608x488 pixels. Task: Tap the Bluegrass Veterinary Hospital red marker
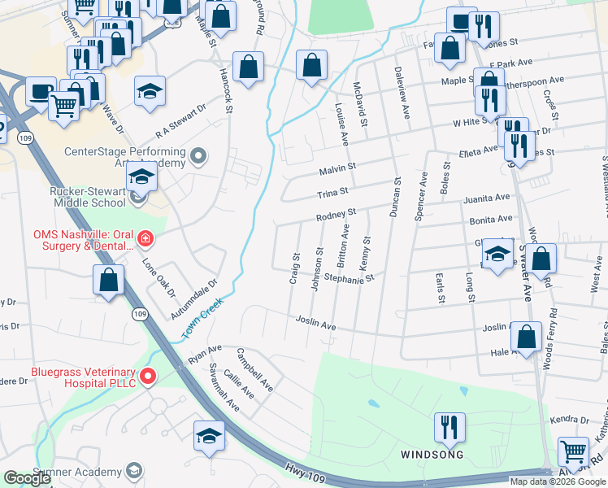[148, 376]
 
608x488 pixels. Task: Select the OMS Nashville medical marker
[145, 239]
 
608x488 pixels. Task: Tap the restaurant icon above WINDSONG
[448, 426]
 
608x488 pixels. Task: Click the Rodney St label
[337, 216]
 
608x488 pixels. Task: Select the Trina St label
[332, 193]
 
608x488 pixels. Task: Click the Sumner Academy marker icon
[133, 471]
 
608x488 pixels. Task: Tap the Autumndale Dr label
[194, 299]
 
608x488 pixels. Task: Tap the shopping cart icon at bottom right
[574, 450]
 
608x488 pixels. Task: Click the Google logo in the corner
[27, 478]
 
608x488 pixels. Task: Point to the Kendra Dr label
[568, 420]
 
